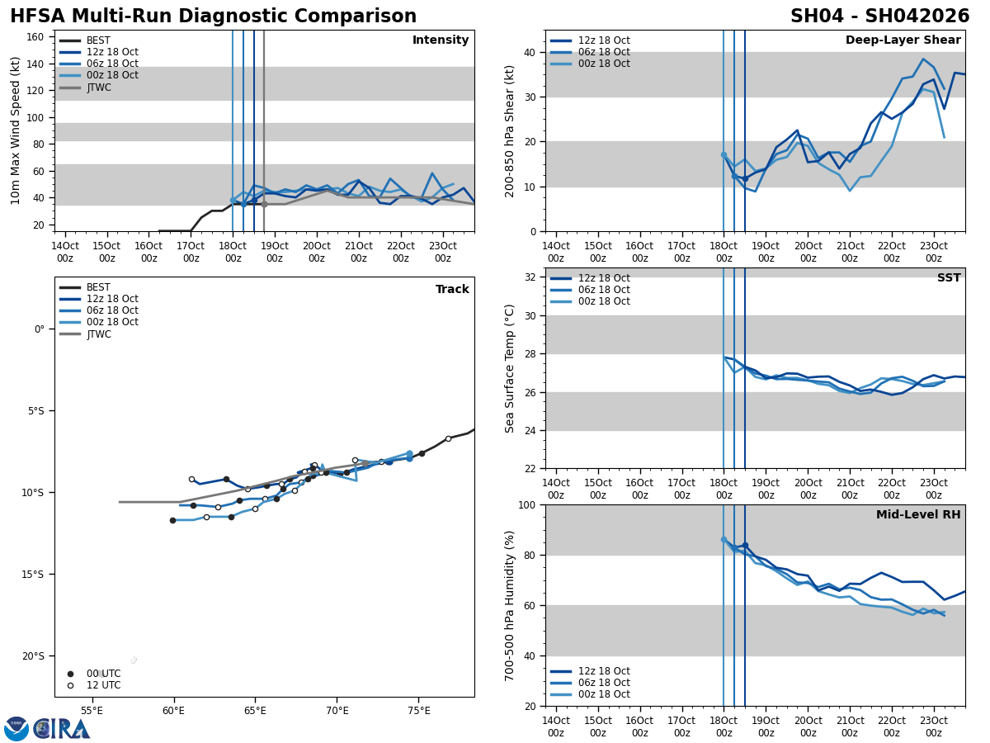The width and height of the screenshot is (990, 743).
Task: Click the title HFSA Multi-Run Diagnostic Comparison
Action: point(213,17)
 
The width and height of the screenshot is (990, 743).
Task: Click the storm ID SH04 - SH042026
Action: point(879,17)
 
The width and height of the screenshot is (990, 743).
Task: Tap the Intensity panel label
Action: point(441,40)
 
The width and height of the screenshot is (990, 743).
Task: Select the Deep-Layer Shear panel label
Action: point(903,40)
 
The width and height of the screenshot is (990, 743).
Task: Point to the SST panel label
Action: point(949,278)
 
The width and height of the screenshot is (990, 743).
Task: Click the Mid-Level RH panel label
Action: point(918,515)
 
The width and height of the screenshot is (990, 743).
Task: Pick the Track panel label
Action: point(452,290)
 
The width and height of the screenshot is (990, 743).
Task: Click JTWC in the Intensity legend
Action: point(98,88)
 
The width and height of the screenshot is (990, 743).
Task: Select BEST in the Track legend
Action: point(98,287)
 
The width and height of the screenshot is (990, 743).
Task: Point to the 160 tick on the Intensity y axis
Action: point(35,37)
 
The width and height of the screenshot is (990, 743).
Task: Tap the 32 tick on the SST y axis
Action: point(530,277)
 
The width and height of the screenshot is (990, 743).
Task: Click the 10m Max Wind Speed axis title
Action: point(16,130)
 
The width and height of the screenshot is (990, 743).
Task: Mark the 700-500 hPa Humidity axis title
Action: point(510,605)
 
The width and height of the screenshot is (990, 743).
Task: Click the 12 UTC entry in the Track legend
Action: point(103,685)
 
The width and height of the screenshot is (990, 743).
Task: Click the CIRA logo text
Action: point(62,729)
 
